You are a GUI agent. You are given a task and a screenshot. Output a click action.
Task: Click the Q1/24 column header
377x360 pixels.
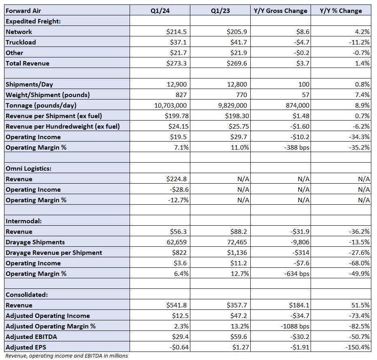tap(160, 11)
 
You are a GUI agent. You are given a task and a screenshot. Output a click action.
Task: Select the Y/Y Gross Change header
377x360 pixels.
tap(280, 11)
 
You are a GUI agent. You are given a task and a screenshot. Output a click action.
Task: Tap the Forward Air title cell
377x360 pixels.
tap(23, 11)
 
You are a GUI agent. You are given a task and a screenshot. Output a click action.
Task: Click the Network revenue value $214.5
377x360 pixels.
tap(176, 32)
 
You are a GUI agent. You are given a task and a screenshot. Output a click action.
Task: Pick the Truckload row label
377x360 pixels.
tap(21, 42)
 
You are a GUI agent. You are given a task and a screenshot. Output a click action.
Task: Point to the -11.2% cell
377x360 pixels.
tap(359, 42)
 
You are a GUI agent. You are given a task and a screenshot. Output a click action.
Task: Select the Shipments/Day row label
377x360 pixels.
tap(29, 84)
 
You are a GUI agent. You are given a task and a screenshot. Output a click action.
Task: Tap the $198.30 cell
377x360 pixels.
tap(237, 116)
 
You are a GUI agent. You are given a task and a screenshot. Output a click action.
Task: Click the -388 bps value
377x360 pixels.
tap(296, 148)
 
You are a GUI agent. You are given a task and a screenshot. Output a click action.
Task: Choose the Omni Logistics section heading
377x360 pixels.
tap(29, 169)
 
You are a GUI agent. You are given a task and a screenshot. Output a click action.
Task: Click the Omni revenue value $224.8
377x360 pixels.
tap(176, 179)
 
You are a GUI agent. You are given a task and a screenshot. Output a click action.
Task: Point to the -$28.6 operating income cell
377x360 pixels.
tap(179, 190)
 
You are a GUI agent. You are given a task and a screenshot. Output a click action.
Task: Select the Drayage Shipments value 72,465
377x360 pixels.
tap(237, 242)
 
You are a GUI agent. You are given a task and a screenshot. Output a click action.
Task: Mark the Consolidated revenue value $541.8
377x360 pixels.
tap(176, 305)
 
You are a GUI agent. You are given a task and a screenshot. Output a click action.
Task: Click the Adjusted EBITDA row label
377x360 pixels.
tap(31, 337)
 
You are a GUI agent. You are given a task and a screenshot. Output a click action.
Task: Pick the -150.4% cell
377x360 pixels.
tap(357, 347)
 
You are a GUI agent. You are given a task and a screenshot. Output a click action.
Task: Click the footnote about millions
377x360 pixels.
tap(66, 356)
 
